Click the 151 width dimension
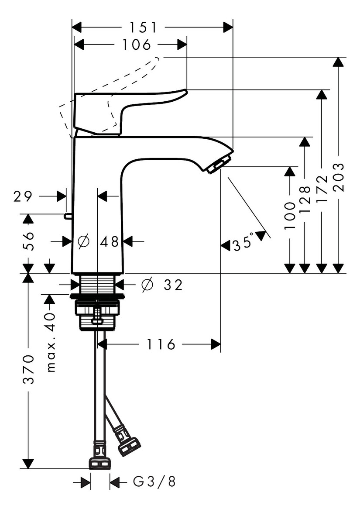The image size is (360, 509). pyautogui.click(x=143, y=28)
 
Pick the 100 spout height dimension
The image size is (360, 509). pyautogui.click(x=289, y=216)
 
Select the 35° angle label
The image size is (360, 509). pyautogui.click(x=243, y=243)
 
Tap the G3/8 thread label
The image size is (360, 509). pyautogui.click(x=154, y=482)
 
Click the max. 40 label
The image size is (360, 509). pyautogui.click(x=51, y=342)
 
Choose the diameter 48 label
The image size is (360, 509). pyautogui.click(x=99, y=241)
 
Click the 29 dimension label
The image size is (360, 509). pyautogui.click(x=23, y=196)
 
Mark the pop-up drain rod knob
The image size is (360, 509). pyautogui.click(x=67, y=215)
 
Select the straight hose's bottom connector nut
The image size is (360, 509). pyautogui.click(x=100, y=463)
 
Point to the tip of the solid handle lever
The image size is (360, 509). pyautogui.click(x=185, y=92)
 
